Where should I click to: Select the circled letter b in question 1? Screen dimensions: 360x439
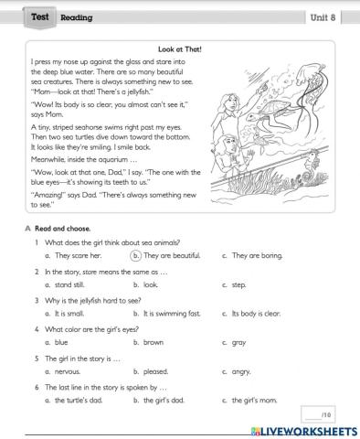coord(136,256)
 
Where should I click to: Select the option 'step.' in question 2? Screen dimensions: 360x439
coord(239,284)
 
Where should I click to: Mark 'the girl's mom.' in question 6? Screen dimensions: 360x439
coord(260,400)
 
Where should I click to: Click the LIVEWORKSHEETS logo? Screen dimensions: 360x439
coord(302,430)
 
